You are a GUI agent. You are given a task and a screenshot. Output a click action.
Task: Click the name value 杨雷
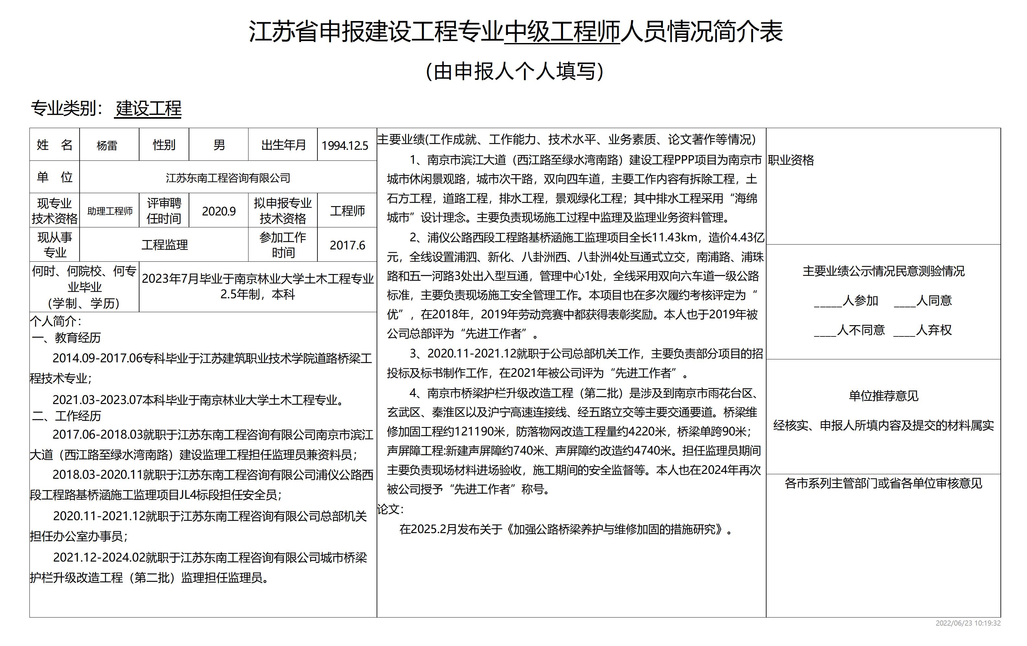[107, 145]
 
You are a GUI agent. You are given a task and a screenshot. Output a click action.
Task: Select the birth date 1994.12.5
[345, 145]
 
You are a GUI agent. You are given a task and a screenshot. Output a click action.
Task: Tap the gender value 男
[219, 145]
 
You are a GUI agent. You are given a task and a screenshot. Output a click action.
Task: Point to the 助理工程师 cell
[110, 211]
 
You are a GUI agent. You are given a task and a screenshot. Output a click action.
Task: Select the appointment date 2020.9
[219, 211]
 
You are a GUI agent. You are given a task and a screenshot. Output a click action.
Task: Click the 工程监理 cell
[165, 245]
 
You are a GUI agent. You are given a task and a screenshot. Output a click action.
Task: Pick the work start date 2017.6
[347, 245]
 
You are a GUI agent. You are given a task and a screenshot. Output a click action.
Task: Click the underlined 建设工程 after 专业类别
[149, 108]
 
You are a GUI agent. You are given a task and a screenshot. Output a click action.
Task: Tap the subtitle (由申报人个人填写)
[515, 71]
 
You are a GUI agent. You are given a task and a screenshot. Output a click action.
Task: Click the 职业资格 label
[791, 160]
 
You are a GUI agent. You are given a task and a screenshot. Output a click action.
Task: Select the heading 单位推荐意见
[883, 396]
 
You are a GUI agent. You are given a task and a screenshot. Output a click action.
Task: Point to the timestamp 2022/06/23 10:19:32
[968, 623]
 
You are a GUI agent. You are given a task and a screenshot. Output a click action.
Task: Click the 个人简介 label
[55, 321]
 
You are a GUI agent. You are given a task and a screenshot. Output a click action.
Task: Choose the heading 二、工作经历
[67, 416]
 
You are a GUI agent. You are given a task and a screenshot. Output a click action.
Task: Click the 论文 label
[390, 509]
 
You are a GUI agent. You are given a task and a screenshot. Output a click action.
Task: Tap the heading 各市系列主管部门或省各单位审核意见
[883, 483]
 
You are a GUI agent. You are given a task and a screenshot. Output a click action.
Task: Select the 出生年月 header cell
[283, 145]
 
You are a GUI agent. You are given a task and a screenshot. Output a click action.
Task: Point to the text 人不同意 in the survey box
[861, 330]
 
